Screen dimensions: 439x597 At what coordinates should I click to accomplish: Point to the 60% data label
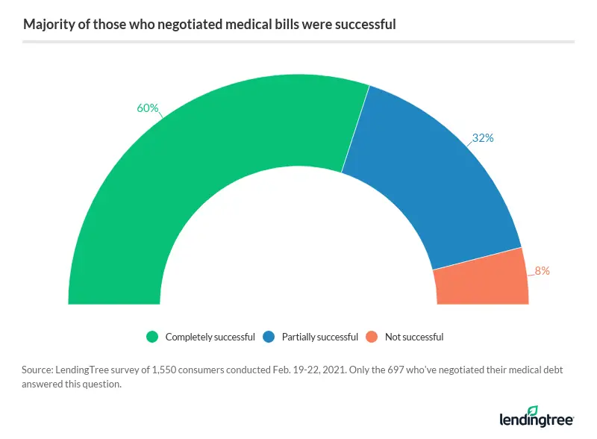tap(147, 108)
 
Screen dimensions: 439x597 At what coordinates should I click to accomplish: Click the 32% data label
tap(483, 138)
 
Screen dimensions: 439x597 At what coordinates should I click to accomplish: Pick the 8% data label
tap(542, 271)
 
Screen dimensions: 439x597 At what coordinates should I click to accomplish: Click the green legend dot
tap(153, 337)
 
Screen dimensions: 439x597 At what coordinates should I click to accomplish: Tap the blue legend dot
tap(269, 337)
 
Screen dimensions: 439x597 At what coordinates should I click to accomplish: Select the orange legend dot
tap(372, 337)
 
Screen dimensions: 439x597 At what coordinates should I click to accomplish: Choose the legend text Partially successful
tap(320, 337)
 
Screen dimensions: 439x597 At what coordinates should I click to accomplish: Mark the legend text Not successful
tap(414, 337)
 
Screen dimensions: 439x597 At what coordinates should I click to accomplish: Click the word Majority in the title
tap(46, 24)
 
